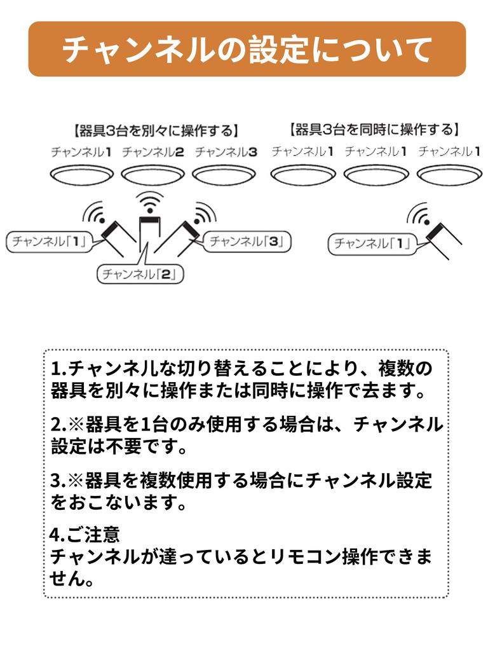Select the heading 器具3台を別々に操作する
coord(156,131)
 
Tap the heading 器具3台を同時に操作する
coord(375,130)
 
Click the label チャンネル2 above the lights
coord(153,152)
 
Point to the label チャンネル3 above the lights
coord(226,152)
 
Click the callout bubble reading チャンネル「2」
coord(140,274)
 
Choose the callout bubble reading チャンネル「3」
coord(247,241)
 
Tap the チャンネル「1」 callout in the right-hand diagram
coord(372,243)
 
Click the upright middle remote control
coord(149,234)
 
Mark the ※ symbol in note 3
coord(76,481)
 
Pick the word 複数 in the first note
coord(396,368)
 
